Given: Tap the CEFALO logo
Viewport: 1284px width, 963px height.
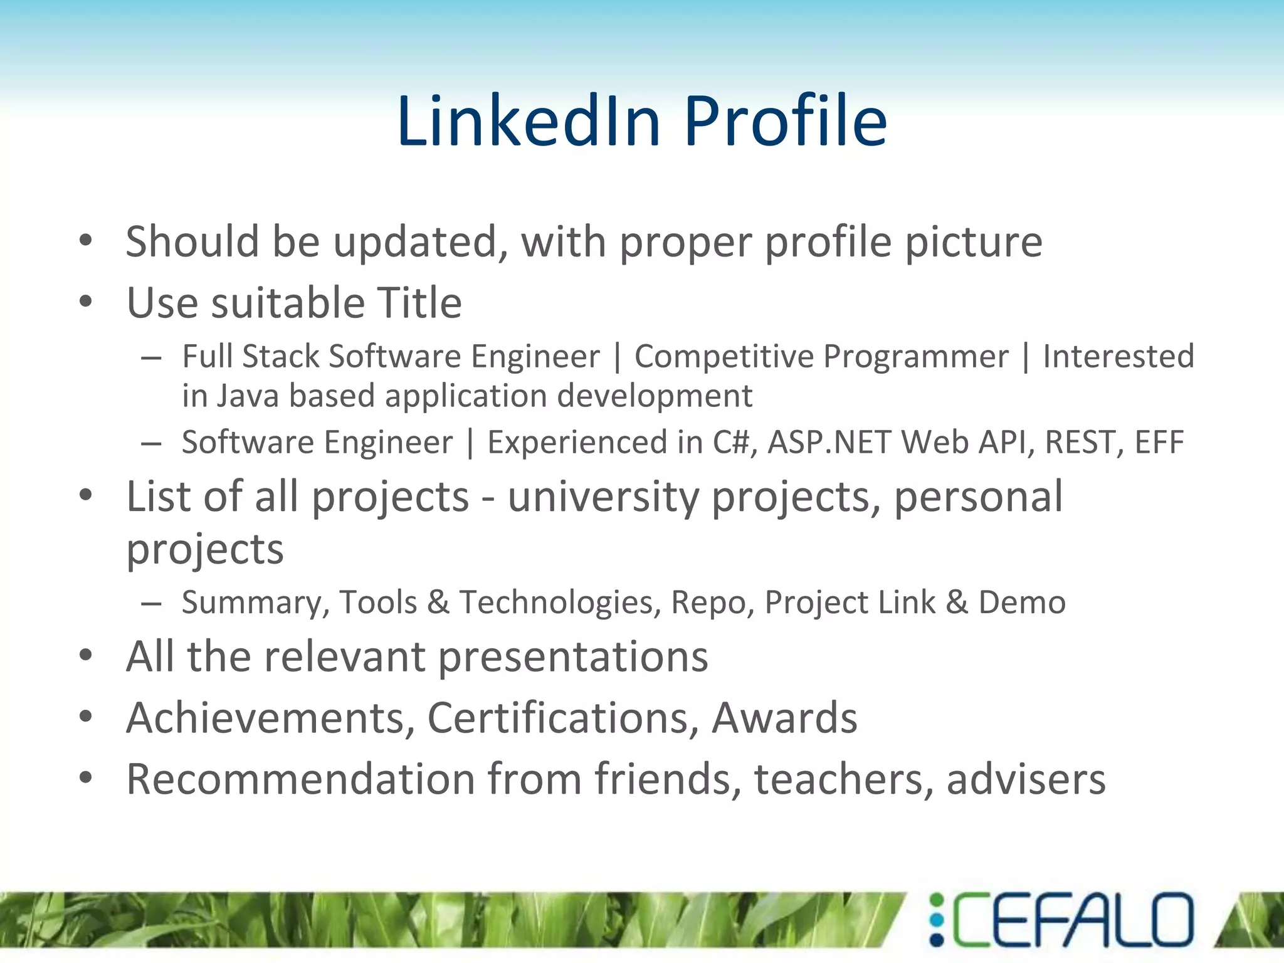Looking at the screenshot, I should (x=1061, y=920).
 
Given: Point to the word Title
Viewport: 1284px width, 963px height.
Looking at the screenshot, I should (x=419, y=302).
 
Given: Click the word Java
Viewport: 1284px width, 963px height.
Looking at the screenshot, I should (x=247, y=396).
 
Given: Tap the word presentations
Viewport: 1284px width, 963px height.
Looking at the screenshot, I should (x=573, y=657).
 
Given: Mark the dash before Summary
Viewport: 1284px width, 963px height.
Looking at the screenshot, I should (x=151, y=603).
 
